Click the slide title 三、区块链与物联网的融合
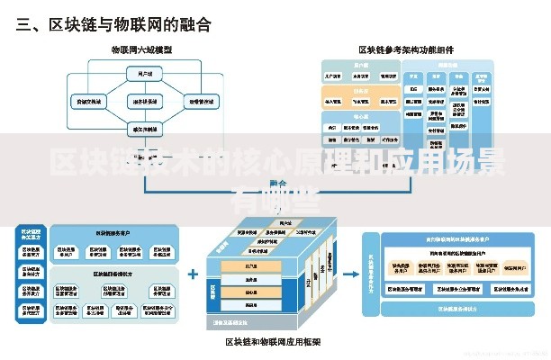click(x=113, y=24)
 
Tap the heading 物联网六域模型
click(x=141, y=50)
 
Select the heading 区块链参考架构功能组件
click(x=406, y=50)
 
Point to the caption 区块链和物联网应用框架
click(x=273, y=342)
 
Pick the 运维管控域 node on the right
click(x=200, y=102)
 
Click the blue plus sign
click(x=193, y=273)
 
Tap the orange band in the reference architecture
click(x=360, y=91)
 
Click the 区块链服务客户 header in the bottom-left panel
click(x=113, y=233)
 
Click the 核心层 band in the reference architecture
click(x=360, y=116)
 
